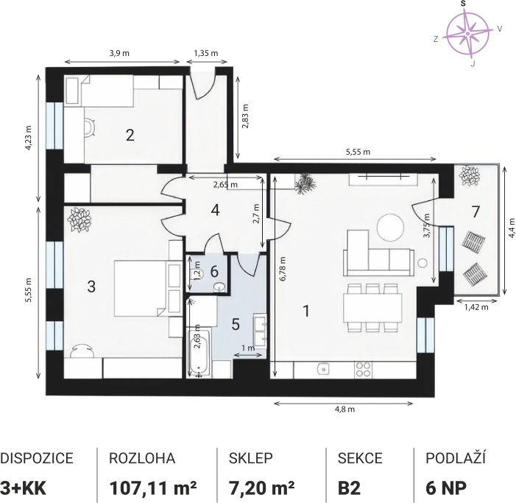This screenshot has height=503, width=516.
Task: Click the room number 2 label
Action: [x=130, y=135]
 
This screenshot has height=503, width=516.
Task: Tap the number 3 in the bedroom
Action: [x=91, y=286]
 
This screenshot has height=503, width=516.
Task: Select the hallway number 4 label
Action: [x=215, y=210]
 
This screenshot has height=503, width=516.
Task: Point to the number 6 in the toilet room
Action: [x=214, y=272]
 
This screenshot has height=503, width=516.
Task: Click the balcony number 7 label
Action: [x=476, y=212]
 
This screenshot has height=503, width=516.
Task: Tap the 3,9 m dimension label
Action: [x=119, y=53]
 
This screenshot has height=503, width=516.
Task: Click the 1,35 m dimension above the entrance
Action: [x=206, y=53]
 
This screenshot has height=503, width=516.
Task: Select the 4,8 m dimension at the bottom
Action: [x=344, y=409]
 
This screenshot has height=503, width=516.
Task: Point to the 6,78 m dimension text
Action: [x=283, y=268]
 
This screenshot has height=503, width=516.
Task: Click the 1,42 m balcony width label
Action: [x=476, y=307]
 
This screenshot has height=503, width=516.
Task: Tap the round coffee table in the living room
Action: [x=390, y=227]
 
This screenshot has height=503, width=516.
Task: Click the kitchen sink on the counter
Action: [x=324, y=370]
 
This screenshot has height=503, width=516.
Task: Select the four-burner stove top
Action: [x=364, y=370]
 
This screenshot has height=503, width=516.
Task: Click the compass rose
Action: [x=467, y=33]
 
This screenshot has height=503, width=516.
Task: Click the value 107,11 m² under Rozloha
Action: [x=153, y=488]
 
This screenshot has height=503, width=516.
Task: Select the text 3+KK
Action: [x=24, y=488]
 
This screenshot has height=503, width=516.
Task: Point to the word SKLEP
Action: [x=251, y=458]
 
